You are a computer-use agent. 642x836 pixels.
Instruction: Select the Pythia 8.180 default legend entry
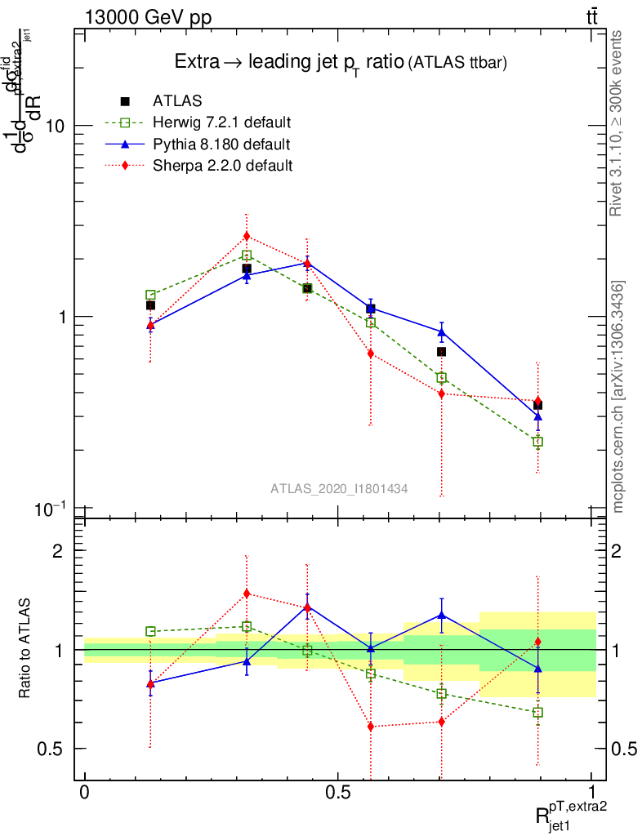[x=221, y=145]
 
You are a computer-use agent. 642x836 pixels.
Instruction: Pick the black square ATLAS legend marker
[x=125, y=101]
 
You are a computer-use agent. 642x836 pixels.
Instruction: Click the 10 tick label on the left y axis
[x=56, y=126]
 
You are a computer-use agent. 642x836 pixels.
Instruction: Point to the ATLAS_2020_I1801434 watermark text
[x=339, y=488]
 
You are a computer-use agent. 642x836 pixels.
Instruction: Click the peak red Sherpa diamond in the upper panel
[x=247, y=237]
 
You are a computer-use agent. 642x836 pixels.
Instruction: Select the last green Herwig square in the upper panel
[x=537, y=442]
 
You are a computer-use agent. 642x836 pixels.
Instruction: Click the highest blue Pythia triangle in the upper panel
[x=307, y=263]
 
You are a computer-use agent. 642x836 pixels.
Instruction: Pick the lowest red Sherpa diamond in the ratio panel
[x=371, y=727]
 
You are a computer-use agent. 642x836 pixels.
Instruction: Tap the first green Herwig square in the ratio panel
[x=150, y=631]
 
